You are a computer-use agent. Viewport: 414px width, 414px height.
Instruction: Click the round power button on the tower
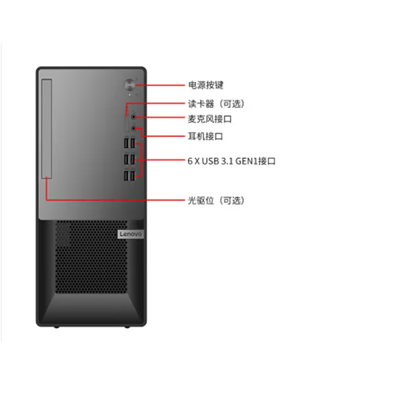(x=129, y=85)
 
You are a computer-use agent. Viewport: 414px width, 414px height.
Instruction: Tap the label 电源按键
(x=206, y=85)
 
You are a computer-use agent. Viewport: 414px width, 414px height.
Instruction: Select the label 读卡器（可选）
(x=216, y=104)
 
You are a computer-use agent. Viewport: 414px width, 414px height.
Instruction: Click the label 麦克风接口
(x=210, y=119)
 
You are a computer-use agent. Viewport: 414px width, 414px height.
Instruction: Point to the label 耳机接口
(x=205, y=137)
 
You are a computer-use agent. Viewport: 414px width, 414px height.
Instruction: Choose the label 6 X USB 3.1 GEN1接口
(x=231, y=161)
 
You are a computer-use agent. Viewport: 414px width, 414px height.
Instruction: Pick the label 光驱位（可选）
(x=216, y=200)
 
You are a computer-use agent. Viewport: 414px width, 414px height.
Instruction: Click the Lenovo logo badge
(x=131, y=234)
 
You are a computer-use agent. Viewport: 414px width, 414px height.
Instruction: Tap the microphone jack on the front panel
(x=134, y=117)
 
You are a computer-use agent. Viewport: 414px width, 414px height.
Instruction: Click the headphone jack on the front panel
(x=134, y=128)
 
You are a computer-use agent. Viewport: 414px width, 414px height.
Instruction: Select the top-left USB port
(x=126, y=143)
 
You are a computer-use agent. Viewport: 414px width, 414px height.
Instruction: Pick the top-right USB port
(x=133, y=143)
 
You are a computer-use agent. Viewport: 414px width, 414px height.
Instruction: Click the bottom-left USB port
(x=126, y=176)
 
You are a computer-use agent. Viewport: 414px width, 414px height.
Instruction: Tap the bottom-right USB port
(x=133, y=176)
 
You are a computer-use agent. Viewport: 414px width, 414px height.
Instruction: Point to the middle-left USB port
(x=126, y=159)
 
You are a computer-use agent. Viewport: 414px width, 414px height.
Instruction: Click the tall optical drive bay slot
(x=47, y=128)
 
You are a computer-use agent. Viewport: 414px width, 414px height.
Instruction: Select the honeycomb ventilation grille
(x=92, y=257)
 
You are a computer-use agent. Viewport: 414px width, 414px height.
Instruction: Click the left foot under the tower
(x=56, y=327)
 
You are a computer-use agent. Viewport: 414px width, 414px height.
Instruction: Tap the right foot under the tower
(x=127, y=327)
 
